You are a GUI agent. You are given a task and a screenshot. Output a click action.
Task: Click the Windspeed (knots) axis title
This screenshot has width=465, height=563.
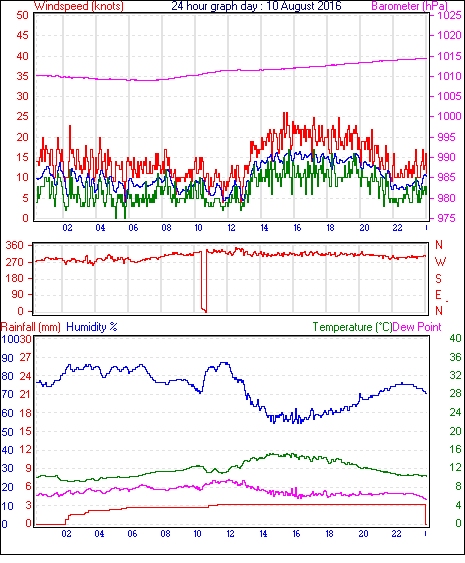tap(79, 6)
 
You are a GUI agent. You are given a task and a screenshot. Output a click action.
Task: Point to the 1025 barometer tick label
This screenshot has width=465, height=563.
tap(449, 15)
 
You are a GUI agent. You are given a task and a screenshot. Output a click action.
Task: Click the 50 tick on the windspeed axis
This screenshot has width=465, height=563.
tap(22, 15)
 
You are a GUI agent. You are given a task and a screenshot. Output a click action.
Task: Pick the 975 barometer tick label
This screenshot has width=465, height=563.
tap(446, 218)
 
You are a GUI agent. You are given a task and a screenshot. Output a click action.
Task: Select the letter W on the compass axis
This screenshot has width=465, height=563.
tap(440, 262)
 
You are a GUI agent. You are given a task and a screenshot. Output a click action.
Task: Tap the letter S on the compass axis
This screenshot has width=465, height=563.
tap(438, 278)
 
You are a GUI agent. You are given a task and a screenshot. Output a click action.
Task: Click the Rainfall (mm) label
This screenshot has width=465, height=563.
tap(31, 327)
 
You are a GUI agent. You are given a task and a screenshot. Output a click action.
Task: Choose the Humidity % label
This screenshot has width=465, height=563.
tap(92, 327)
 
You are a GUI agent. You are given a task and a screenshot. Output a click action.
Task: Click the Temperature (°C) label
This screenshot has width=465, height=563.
tap(352, 327)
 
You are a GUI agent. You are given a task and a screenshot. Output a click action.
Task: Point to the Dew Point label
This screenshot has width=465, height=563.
tap(417, 327)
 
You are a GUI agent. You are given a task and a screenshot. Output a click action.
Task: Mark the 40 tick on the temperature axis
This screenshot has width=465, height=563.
tap(456, 338)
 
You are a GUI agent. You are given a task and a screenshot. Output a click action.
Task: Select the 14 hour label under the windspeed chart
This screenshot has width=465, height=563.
tap(264, 228)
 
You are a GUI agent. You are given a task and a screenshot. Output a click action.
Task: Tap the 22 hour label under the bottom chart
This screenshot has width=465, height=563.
tap(396, 534)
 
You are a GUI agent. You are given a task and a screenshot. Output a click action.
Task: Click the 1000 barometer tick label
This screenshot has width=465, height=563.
tap(449, 116)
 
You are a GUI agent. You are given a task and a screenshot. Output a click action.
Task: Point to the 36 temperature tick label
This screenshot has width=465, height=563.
tap(456, 357)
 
